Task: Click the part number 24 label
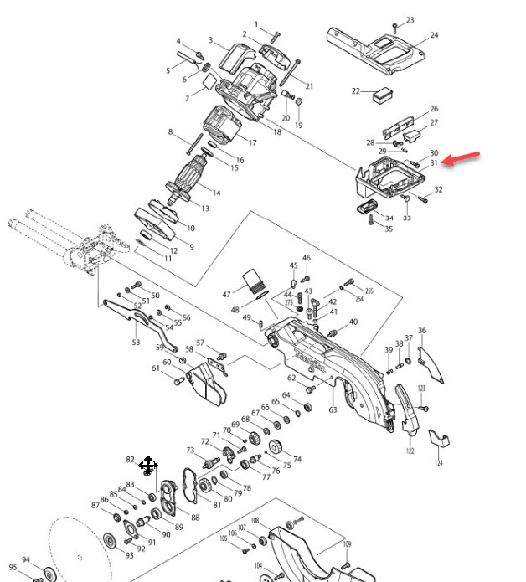pos(435,35)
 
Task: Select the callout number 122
pos(410,451)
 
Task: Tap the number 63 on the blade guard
pos(333,409)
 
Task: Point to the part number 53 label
pos(136,342)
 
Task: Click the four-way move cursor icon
pos(147,465)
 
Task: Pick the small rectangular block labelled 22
pos(382,94)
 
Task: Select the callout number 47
pos(226,294)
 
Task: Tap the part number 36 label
pos(421,331)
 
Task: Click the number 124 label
pos(438,463)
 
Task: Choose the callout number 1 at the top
pos(256,24)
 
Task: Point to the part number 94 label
pos(26,560)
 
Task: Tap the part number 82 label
pos(130,460)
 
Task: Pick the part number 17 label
pos(251,142)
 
